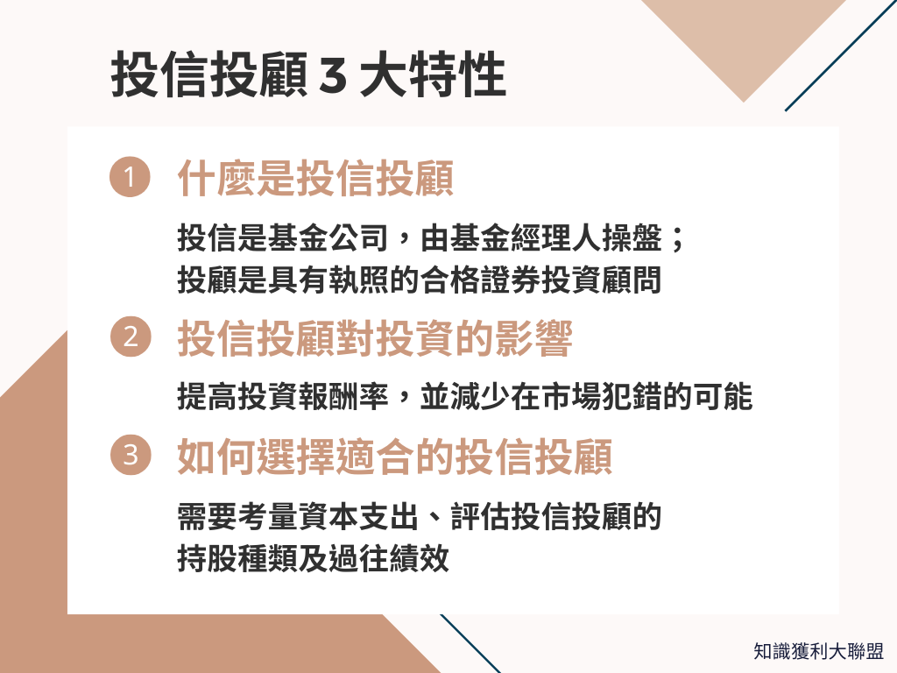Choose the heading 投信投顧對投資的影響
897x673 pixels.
coord(375,340)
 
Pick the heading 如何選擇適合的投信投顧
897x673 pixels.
coord(394,457)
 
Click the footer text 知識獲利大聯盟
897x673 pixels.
coord(818,651)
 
